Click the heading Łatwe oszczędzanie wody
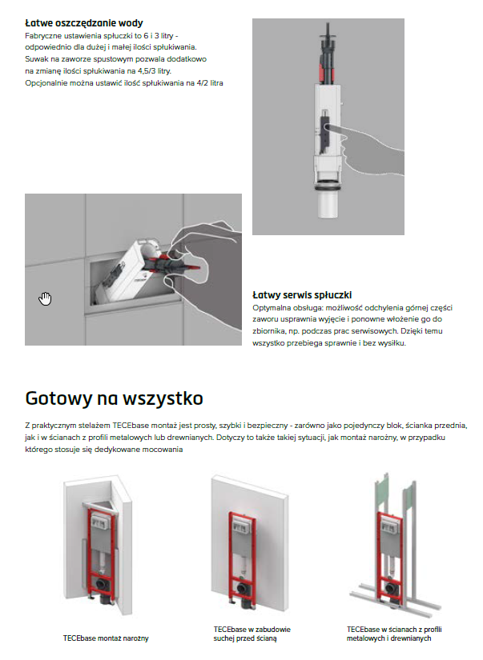tap(84, 23)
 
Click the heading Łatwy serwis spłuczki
tap(303, 294)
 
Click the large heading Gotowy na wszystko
tap(114, 398)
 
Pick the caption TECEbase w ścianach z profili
tap(389, 634)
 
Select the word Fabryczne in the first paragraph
tap(46, 37)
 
